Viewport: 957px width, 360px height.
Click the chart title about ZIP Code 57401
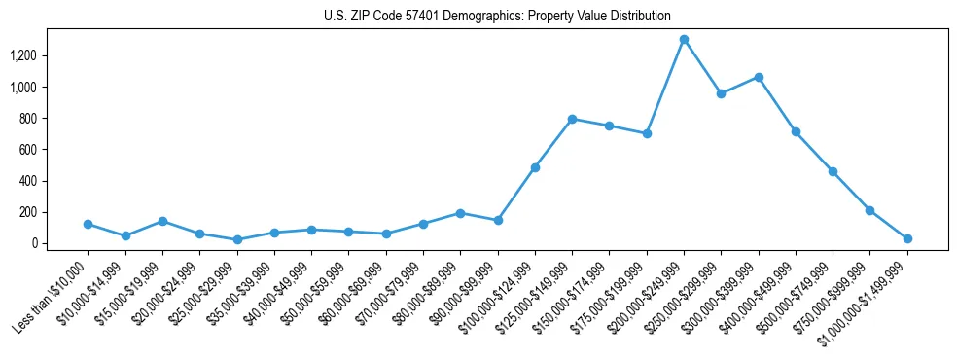pos(497,16)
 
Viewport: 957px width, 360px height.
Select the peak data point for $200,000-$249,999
pos(684,40)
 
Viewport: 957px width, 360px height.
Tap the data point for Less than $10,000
pos(88,224)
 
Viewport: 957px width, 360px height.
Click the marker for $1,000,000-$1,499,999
pos(907,238)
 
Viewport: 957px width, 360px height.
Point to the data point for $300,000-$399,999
pos(759,77)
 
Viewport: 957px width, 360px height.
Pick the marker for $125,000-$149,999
pos(572,119)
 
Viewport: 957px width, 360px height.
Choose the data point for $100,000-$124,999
pos(535,167)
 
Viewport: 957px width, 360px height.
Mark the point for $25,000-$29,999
pos(237,239)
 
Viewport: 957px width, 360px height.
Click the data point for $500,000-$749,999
pos(833,171)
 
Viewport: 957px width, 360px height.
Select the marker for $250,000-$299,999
pos(721,94)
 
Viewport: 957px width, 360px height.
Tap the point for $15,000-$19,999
pos(162,221)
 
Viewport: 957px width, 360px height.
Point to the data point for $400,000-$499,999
pos(796,131)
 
